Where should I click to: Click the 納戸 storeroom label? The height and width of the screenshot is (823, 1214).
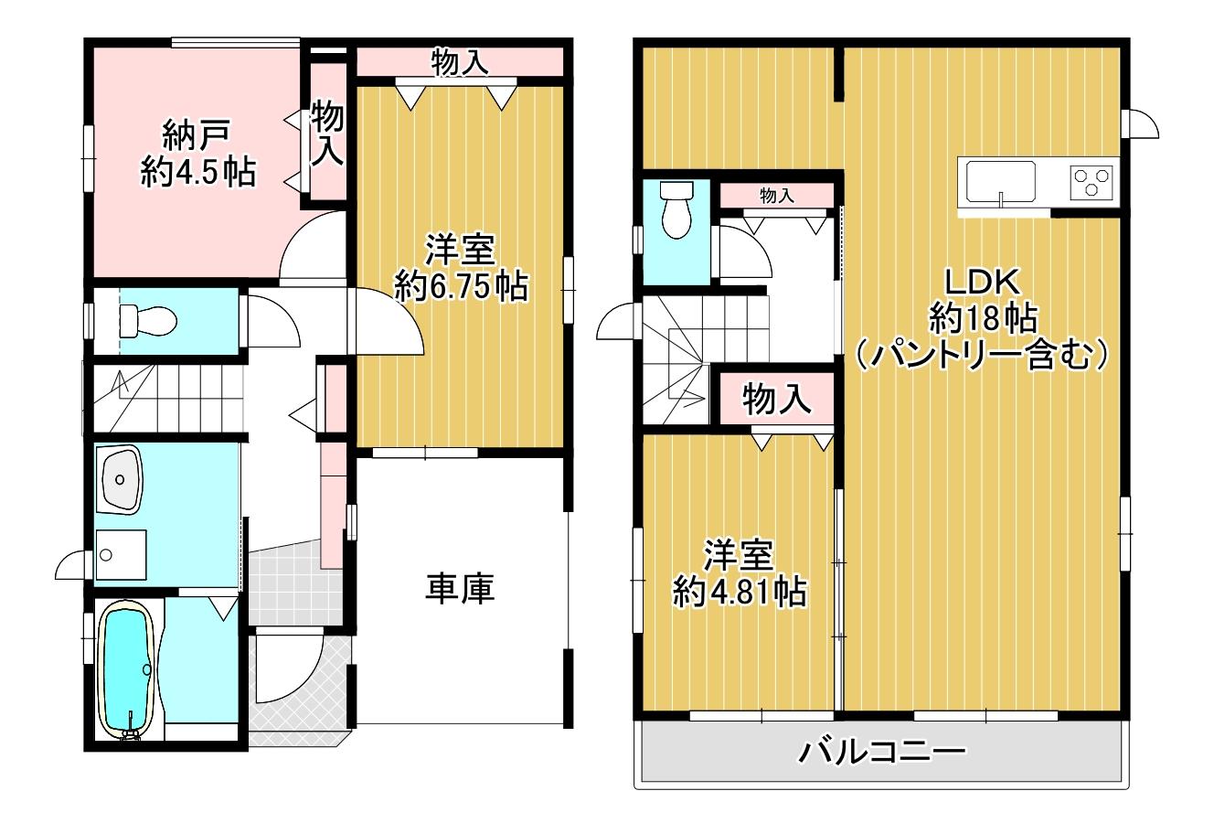[197, 135]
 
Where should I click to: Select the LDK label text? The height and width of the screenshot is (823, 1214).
[983, 282]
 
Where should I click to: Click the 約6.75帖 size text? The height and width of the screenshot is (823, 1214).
[462, 287]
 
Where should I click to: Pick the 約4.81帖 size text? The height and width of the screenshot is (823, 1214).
[740, 592]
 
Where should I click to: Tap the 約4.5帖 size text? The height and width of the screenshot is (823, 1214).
[198, 173]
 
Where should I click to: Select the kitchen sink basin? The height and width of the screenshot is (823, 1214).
[1002, 182]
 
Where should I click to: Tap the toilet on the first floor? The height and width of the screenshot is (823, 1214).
[148, 321]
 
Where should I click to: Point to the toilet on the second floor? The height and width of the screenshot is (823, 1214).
[676, 209]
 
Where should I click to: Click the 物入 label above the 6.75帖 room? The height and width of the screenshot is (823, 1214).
[460, 62]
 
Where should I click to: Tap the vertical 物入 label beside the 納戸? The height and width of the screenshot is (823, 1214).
[327, 134]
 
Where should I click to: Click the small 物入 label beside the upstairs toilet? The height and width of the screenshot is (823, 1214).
[777, 196]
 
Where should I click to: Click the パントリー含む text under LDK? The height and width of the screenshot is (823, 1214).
[982, 355]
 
